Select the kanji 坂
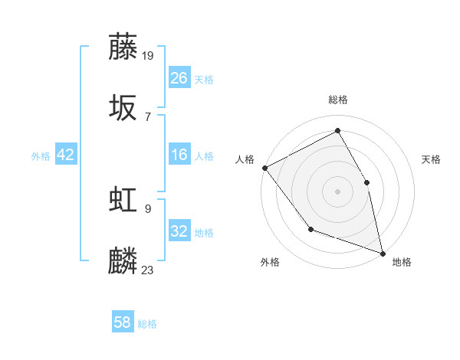(123, 108)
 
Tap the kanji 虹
(123, 200)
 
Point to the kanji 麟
(123, 261)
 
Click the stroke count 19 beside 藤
(149, 55)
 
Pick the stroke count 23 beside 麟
(149, 270)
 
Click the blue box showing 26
(179, 78)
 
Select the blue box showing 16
(179, 155)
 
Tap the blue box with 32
(179, 231)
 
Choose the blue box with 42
(66, 155)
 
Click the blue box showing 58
(123, 322)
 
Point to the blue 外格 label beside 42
(41, 156)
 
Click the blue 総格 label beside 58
(147, 324)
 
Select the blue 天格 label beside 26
(204, 80)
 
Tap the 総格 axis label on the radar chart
(338, 100)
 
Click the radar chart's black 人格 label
(245, 159)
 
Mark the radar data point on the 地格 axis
(383, 252)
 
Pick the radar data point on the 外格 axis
(310, 228)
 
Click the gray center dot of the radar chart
(338, 191)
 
